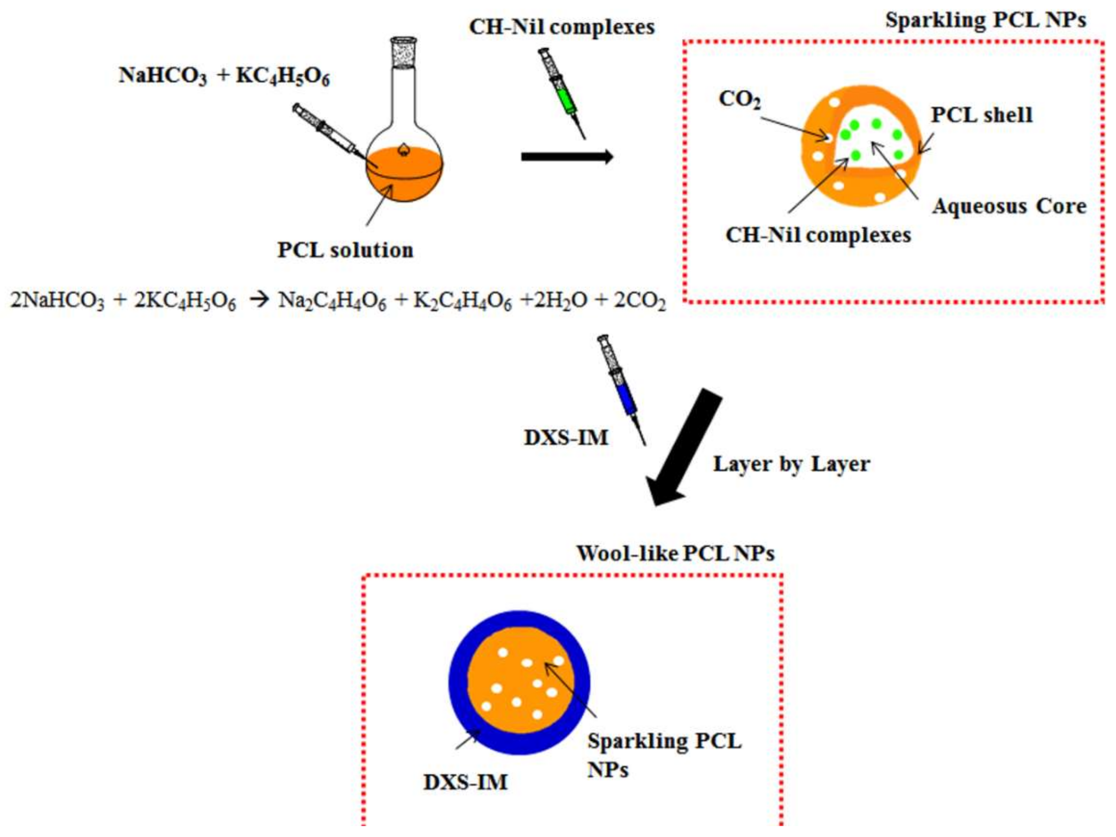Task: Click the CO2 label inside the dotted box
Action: [739, 99]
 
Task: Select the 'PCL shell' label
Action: [981, 115]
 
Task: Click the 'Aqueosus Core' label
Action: [1009, 206]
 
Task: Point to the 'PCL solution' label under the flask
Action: [345, 250]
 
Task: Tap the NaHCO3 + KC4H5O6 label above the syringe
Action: [224, 76]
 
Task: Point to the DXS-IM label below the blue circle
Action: [465, 782]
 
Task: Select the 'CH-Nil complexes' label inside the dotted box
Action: [818, 235]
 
